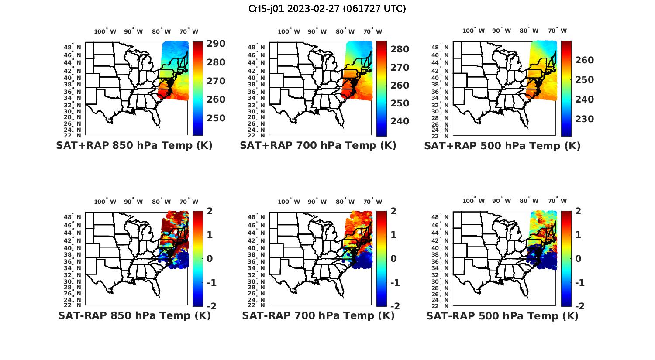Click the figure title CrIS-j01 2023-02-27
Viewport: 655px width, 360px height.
[x=327, y=8]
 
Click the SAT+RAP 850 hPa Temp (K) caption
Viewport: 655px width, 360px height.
[x=134, y=145]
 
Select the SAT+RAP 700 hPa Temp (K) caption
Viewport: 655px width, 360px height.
[x=318, y=145]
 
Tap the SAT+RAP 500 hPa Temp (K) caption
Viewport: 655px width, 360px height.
[x=502, y=146]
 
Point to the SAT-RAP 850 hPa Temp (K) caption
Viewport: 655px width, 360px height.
[x=134, y=315]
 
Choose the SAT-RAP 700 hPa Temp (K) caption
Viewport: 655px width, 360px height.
[x=318, y=315]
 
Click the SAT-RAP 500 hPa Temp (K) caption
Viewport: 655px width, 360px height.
[x=502, y=316]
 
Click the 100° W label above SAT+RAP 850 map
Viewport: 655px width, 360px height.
[x=105, y=31]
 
